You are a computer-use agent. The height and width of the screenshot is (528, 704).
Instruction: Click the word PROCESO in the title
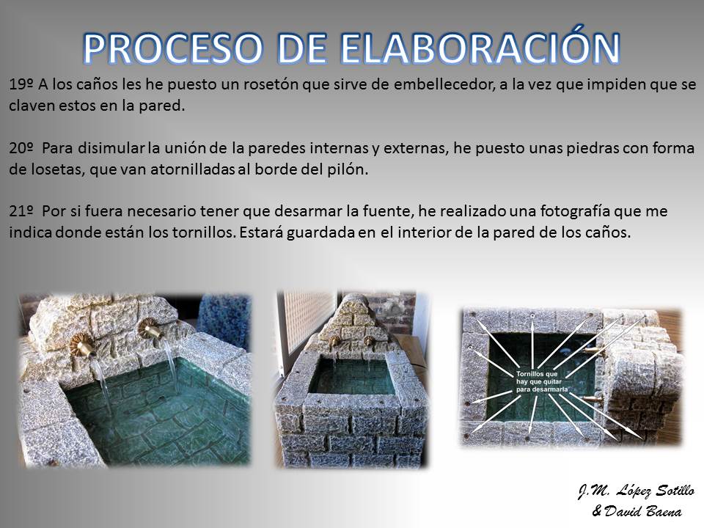173,48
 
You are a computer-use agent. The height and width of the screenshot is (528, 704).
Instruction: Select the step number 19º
21,84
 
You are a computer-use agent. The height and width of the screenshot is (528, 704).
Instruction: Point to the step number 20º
21,148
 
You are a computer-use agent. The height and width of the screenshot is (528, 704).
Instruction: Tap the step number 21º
21,211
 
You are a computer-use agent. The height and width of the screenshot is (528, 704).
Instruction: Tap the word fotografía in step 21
575,212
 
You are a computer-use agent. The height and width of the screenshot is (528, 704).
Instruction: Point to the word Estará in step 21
261,232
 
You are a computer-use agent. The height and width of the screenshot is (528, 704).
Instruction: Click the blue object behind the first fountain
224,317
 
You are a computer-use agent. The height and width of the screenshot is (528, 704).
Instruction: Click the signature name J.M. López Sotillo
637,491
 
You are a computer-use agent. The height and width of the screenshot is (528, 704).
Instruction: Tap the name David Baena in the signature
643,511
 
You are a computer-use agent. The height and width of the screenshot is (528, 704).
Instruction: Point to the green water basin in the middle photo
352,376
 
